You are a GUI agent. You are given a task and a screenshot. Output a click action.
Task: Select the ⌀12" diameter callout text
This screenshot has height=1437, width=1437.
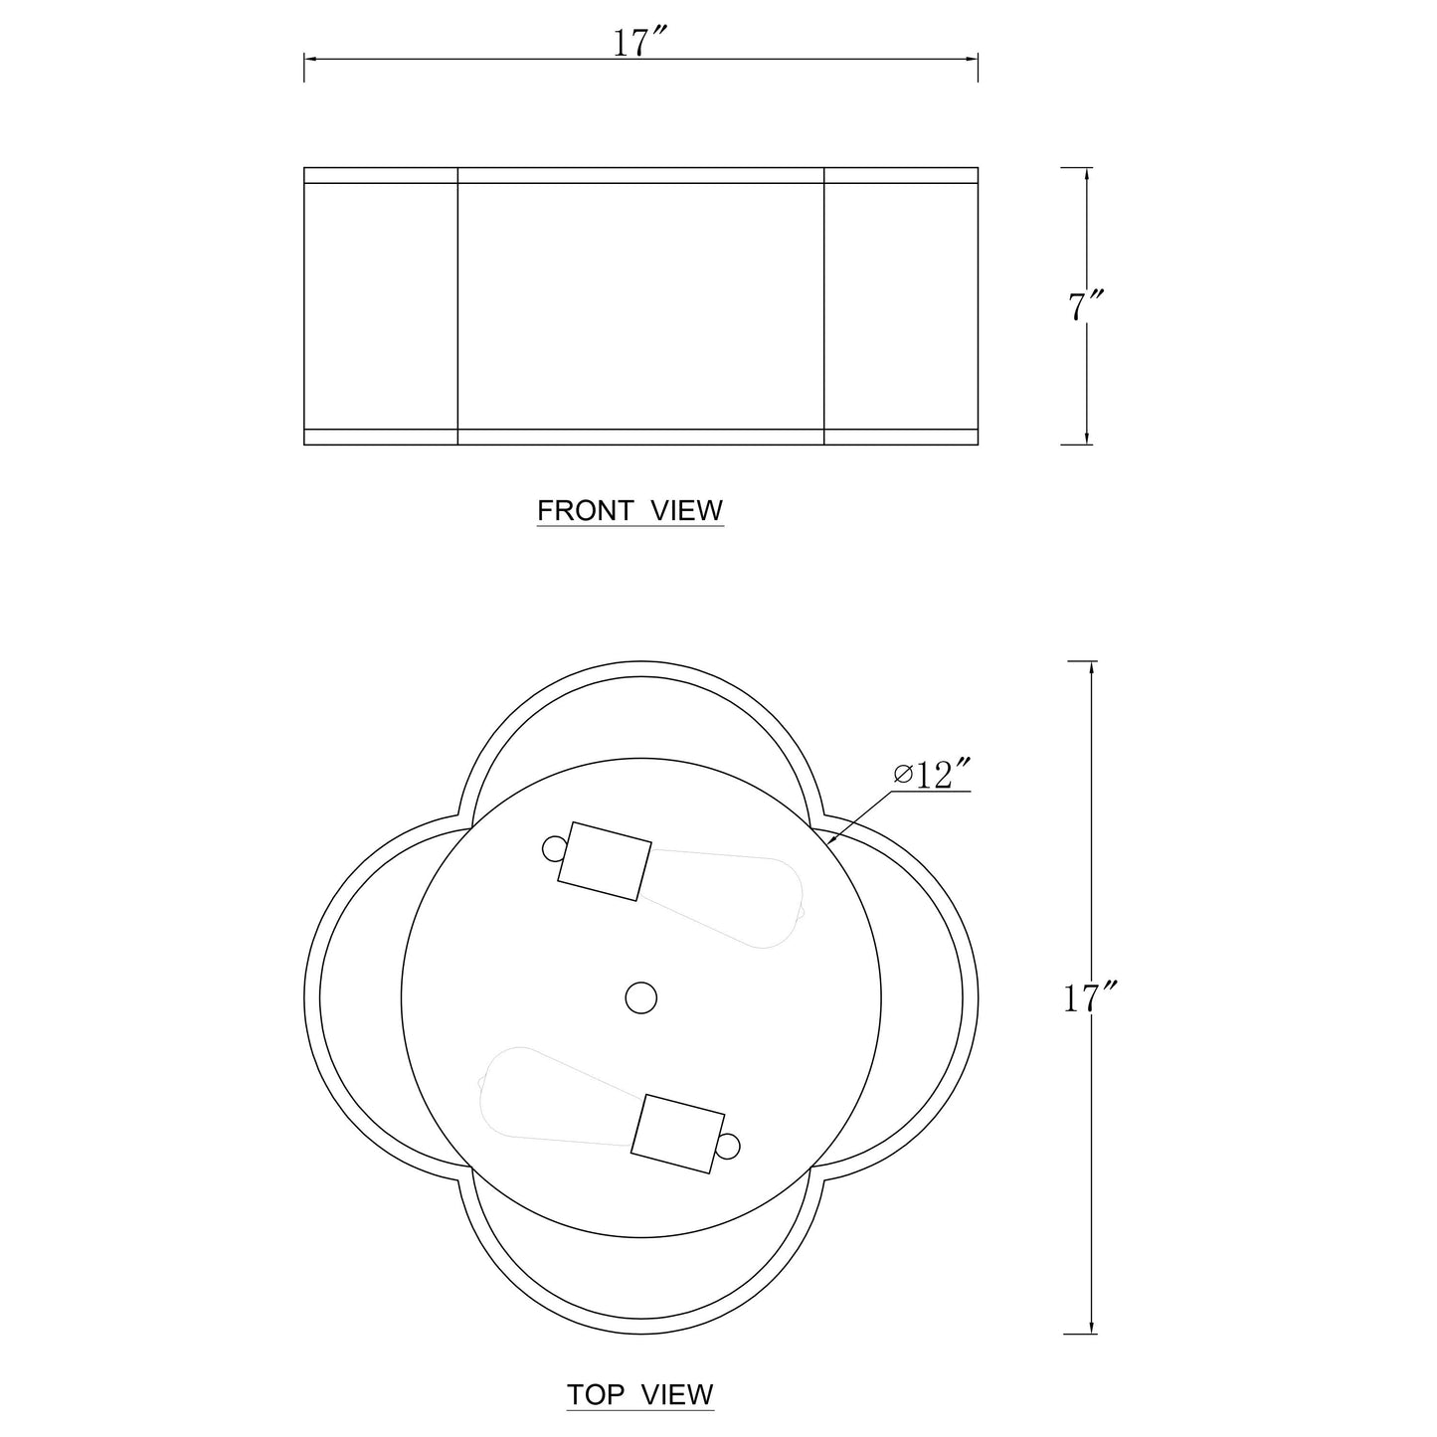click(x=931, y=775)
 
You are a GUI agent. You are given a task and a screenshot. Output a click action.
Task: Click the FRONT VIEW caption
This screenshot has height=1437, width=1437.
click(x=629, y=511)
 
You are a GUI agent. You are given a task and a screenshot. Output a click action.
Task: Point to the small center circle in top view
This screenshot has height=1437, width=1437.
click(x=641, y=996)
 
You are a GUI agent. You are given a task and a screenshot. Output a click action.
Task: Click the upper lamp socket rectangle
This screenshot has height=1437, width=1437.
click(x=605, y=861)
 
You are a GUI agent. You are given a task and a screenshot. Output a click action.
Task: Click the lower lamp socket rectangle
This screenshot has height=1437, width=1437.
click(x=678, y=1132)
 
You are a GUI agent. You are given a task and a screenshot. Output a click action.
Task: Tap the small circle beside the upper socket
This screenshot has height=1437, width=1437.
click(x=554, y=847)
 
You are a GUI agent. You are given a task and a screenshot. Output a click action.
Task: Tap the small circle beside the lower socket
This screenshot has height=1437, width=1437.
click(x=729, y=1147)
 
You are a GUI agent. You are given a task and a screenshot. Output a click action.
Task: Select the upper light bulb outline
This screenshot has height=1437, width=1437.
click(x=726, y=900)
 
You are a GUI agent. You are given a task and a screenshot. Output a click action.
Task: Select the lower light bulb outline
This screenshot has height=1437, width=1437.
click(x=557, y=1094)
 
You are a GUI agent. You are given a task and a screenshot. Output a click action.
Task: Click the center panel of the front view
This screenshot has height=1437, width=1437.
click(x=640, y=306)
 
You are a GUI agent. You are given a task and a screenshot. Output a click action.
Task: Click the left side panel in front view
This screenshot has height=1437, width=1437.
click(x=380, y=306)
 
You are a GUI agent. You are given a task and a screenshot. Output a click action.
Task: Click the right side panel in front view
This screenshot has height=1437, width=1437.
click(x=901, y=306)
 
